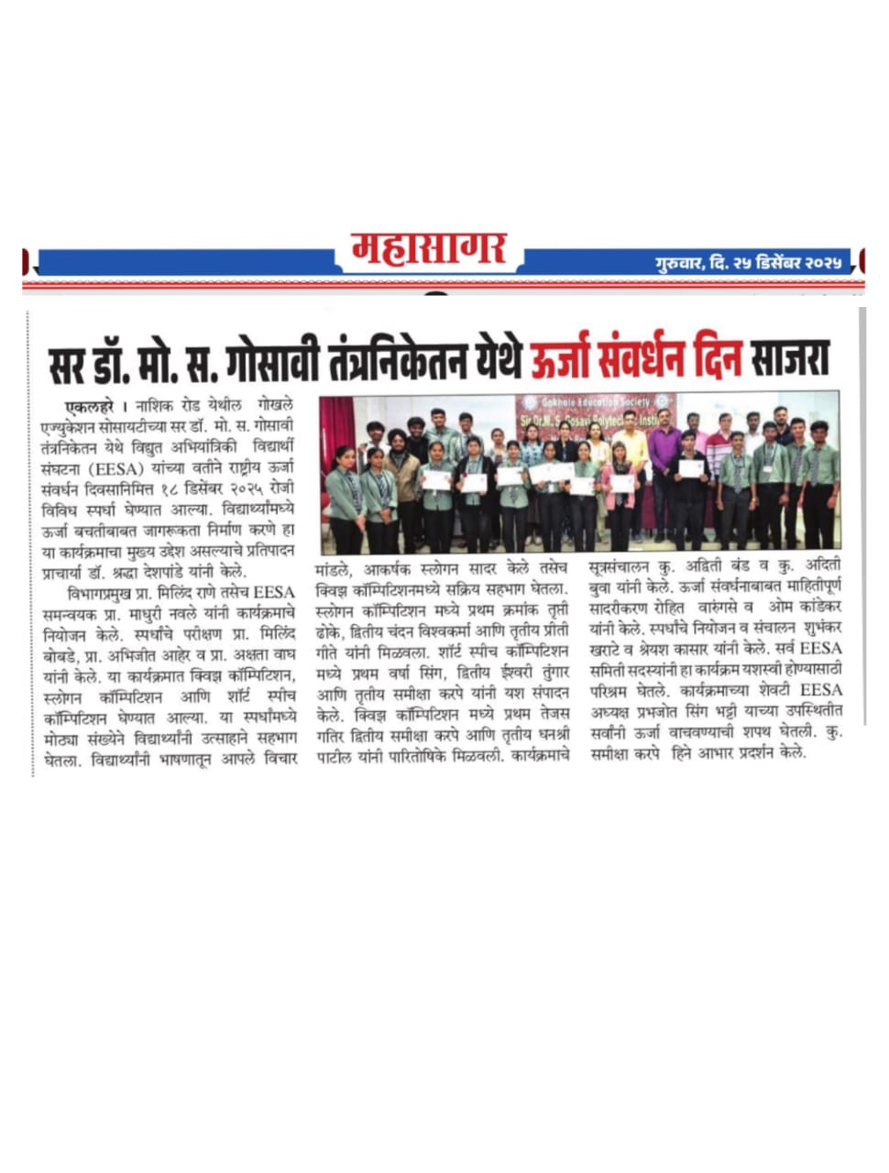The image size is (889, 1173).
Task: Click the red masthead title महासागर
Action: pos(428,249)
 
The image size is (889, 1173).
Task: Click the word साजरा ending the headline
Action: pos(787,359)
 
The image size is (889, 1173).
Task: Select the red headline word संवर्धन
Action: pos(633,359)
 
